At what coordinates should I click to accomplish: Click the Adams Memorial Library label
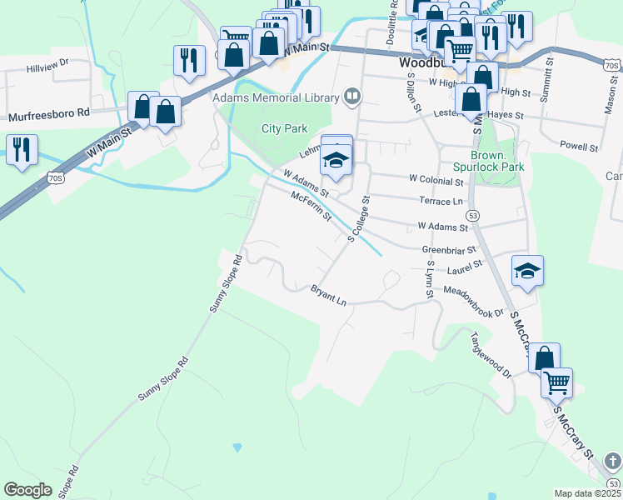[277, 97]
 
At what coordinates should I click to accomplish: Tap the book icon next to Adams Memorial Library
[353, 97]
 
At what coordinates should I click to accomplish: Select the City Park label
[284, 128]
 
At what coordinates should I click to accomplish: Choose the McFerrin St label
[311, 207]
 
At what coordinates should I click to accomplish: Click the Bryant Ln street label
[328, 294]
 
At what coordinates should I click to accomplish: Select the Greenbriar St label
[448, 248]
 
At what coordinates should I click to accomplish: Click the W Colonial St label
[436, 180]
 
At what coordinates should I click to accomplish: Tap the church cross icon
[612, 460]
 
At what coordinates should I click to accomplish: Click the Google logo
[28, 489]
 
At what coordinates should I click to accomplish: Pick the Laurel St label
[464, 267]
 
